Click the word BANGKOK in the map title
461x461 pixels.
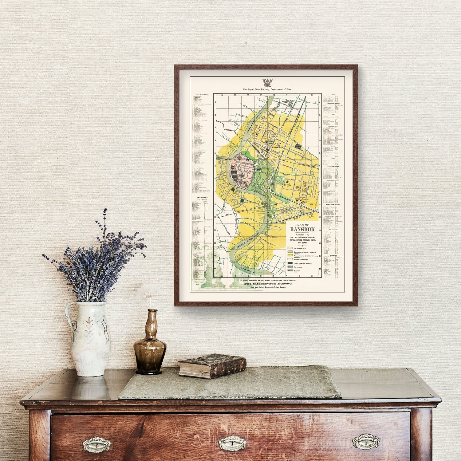pos(302,229)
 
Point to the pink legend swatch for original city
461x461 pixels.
pos(290,248)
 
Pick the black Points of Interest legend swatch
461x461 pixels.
pos(290,263)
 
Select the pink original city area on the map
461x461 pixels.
pos(242,171)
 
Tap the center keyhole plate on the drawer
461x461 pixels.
pos(233,443)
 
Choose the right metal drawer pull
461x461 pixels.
pos(366,442)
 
